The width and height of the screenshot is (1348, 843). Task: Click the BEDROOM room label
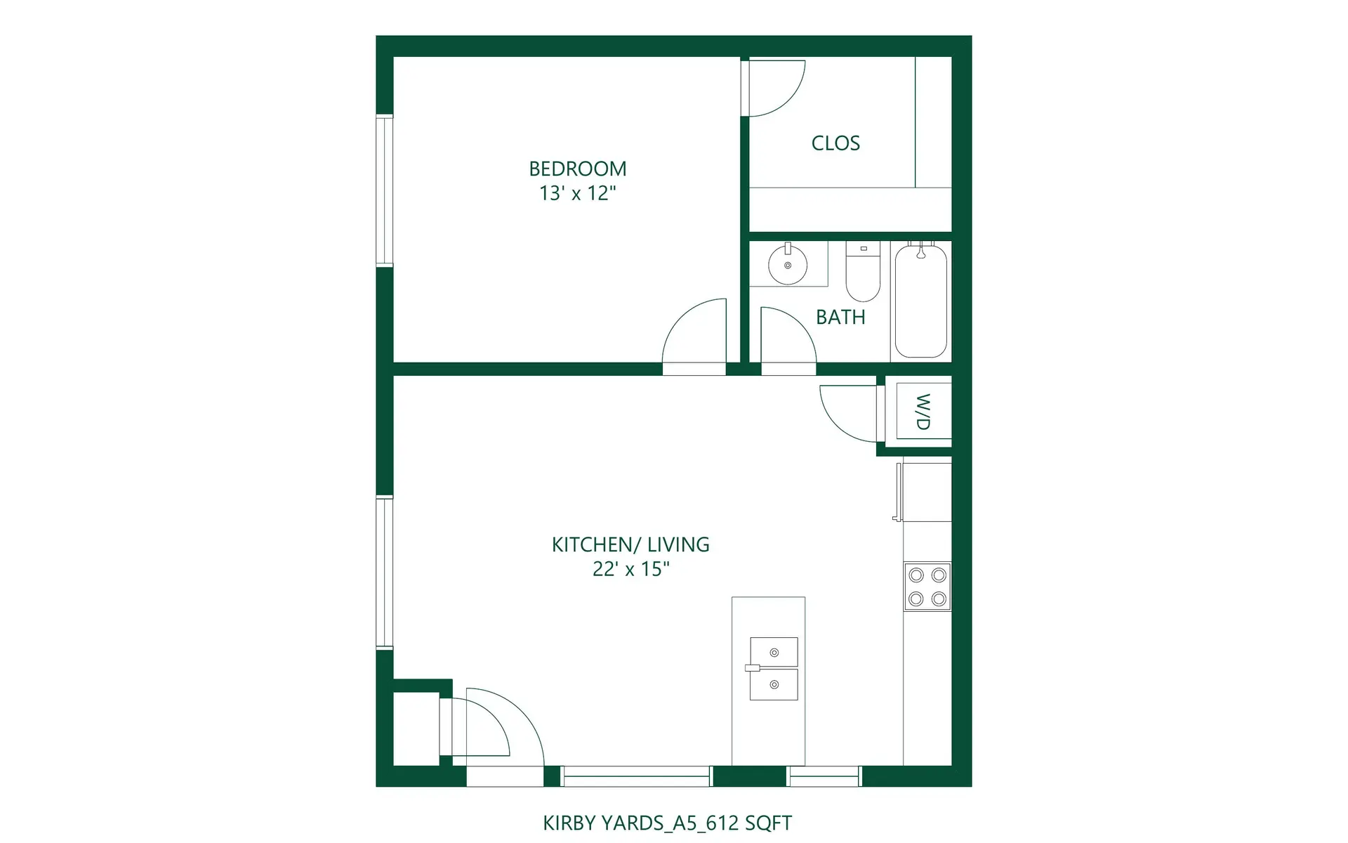[577, 169]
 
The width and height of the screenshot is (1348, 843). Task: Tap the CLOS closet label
[835, 143]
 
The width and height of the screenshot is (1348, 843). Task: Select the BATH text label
[840, 318]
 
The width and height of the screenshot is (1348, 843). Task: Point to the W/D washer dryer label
[923, 412]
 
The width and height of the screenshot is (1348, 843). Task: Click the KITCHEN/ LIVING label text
[630, 544]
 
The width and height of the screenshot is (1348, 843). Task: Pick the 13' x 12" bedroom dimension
[577, 193]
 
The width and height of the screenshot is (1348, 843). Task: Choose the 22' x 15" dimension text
[630, 569]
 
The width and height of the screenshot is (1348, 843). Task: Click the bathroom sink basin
[788, 266]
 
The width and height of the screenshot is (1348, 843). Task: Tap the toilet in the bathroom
[863, 272]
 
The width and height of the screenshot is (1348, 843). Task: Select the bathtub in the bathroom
[921, 301]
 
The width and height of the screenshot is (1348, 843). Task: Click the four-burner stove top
[927, 587]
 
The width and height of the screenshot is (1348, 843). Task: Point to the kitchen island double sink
[774, 668]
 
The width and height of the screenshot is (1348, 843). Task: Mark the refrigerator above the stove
[927, 492]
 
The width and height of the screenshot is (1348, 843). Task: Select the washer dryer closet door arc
[846, 413]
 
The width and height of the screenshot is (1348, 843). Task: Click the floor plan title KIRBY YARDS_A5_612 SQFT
[667, 823]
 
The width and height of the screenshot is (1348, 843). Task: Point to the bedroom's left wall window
[384, 190]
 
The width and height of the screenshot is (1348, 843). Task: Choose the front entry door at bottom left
[502, 734]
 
